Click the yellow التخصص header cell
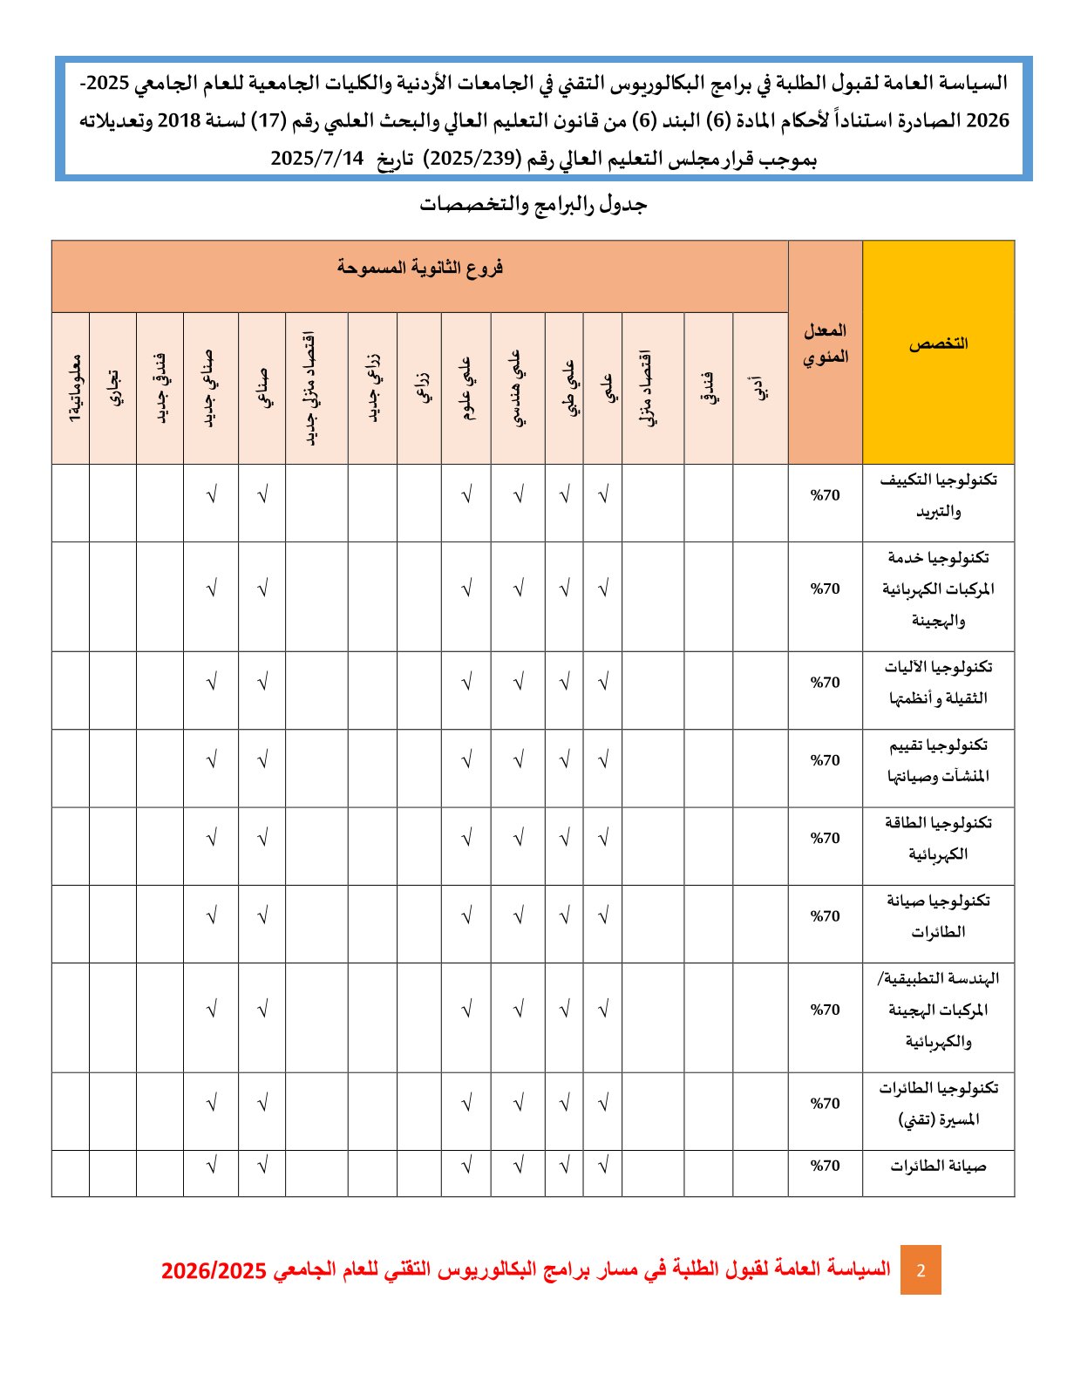tap(938, 344)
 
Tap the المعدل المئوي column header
tap(825, 344)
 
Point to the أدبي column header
tap(760, 389)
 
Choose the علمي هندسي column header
tap(518, 389)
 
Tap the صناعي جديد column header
tap(210, 389)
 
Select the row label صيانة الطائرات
tap(938, 1167)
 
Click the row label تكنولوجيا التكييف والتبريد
tap(938, 496)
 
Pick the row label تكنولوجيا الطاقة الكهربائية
tap(938, 839)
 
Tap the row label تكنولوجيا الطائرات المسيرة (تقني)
tap(938, 1104)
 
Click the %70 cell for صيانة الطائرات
tap(825, 1167)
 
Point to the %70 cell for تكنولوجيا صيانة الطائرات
tap(825, 916)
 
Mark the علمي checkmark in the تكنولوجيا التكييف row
tap(603, 496)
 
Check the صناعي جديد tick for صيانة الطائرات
tap(211, 1166)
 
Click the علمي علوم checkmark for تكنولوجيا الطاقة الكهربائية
tap(466, 839)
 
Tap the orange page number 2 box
tap(921, 1270)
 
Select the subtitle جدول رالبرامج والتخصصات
tap(533, 205)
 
